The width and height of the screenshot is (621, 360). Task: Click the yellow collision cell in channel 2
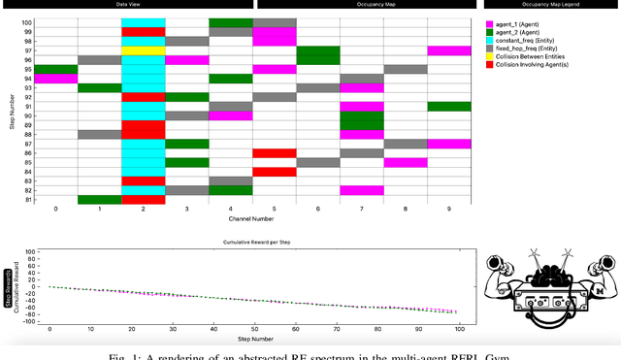143,50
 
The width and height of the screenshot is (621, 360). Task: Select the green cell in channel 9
449,107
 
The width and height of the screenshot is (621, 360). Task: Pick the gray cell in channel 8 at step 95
406,69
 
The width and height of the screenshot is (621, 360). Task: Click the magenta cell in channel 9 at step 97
449,50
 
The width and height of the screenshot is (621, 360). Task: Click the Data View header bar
126,5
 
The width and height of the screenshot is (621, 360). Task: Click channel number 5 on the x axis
275,210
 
